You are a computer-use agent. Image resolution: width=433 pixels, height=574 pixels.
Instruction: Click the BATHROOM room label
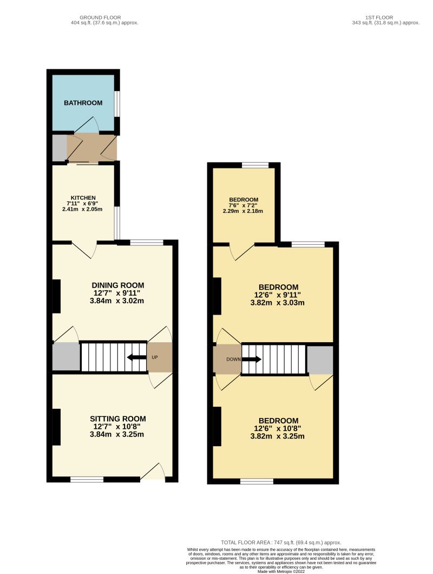(x=83, y=103)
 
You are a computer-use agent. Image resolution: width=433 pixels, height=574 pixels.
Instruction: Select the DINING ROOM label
(x=118, y=285)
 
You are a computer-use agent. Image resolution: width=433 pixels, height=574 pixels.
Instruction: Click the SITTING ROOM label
(x=118, y=419)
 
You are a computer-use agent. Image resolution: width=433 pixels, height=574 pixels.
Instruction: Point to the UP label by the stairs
(x=155, y=358)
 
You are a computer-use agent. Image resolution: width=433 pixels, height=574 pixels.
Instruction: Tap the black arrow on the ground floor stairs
(x=136, y=357)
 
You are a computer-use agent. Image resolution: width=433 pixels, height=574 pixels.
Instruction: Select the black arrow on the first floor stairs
(x=251, y=358)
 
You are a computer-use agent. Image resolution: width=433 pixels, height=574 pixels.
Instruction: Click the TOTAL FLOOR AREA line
(x=281, y=543)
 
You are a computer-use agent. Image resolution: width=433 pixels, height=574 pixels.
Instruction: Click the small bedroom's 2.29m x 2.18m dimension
(x=243, y=211)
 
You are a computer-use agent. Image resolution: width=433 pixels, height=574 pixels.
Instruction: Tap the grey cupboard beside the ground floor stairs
(x=66, y=357)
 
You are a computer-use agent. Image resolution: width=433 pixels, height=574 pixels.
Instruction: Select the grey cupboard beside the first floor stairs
(x=320, y=360)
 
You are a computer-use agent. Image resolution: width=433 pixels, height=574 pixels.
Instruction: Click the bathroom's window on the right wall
(x=117, y=103)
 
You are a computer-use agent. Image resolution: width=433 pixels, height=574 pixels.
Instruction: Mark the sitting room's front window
(x=87, y=479)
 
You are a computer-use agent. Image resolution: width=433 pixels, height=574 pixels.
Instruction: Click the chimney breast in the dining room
(x=56, y=296)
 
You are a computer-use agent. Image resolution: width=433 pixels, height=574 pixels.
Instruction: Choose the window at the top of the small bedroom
(x=255, y=165)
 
